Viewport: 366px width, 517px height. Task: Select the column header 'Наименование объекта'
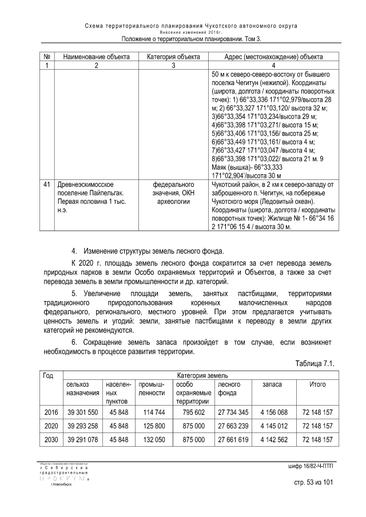point(96,57)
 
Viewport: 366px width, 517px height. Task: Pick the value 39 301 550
point(82,412)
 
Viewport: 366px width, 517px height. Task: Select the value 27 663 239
point(233,426)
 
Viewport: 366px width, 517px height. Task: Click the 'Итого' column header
point(317,385)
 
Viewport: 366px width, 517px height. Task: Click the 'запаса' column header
point(272,385)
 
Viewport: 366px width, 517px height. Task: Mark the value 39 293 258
point(82,426)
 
